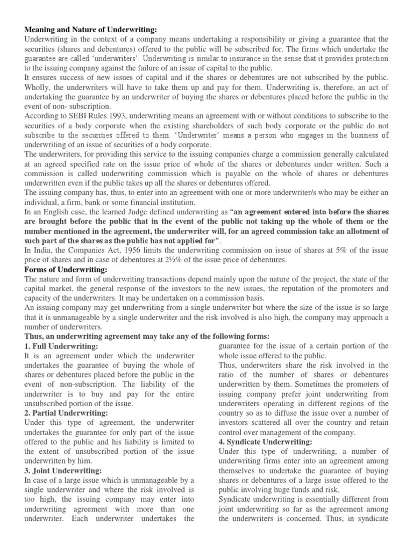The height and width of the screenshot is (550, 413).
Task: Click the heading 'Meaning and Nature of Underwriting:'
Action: tap(91, 30)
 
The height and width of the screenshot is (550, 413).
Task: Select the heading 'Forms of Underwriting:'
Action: tap(66, 270)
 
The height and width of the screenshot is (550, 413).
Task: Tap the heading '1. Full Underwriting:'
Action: tap(61, 346)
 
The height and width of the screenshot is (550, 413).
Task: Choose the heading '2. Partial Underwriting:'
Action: tap(66, 413)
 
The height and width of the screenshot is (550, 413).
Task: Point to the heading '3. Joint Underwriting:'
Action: tap(63, 471)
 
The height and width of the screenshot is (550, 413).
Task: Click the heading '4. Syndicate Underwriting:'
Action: tap(266, 442)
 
